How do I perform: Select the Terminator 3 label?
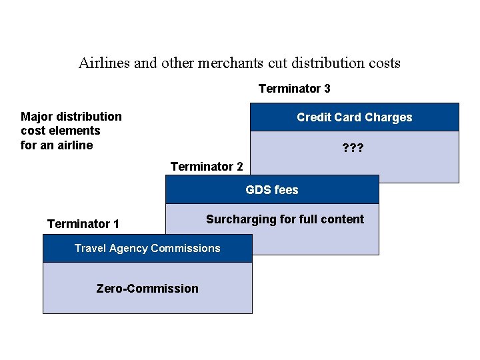tap(294, 89)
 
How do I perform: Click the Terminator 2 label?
tap(207, 166)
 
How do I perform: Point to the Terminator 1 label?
tap(83, 224)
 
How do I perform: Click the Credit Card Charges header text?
tap(354, 117)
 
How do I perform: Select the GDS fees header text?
tap(272, 190)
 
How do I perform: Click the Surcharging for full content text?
tap(285, 219)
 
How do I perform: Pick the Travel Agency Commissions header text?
tap(147, 248)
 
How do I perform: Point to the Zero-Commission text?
tap(147, 289)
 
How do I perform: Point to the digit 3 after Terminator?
tap(327, 89)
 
